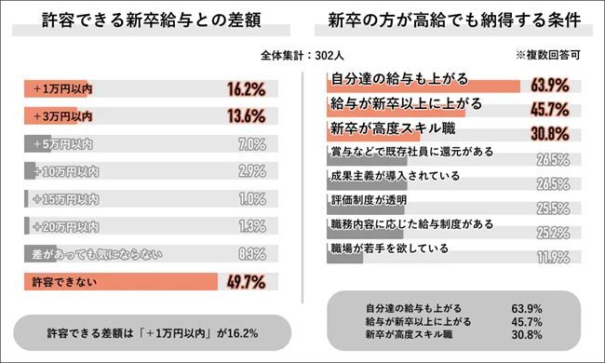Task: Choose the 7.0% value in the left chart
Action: click(251, 145)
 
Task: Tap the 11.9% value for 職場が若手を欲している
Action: click(552, 257)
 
